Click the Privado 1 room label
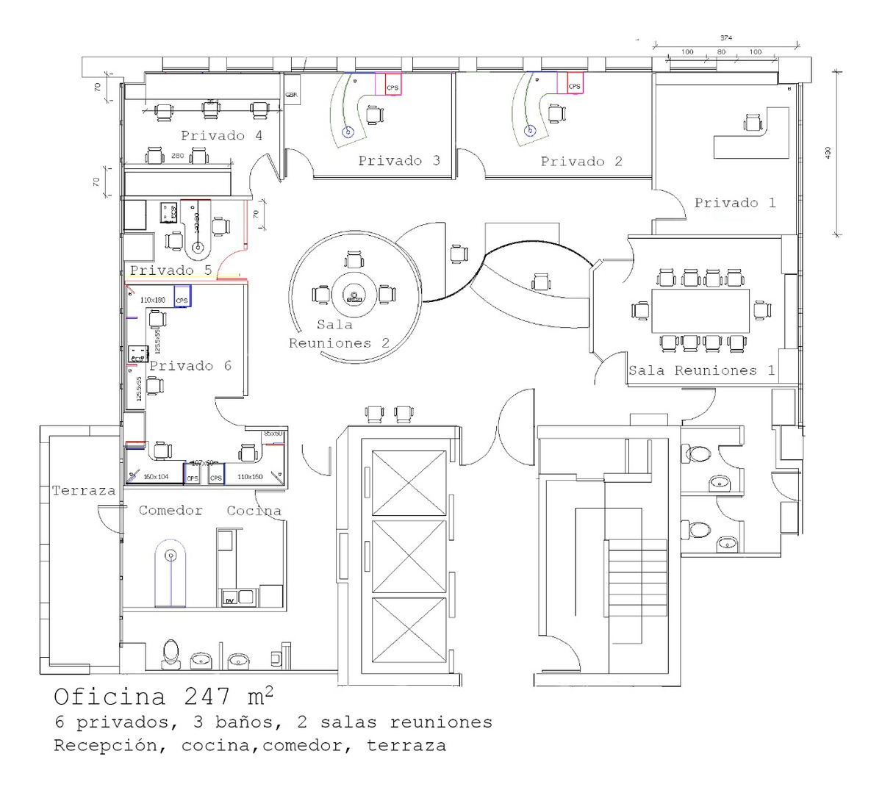[x=735, y=203]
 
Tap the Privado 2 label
[x=581, y=162]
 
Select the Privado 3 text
[x=399, y=161]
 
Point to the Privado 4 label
[x=221, y=136]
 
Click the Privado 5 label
[x=171, y=270]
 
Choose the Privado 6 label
[x=190, y=366]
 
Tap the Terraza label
[x=84, y=491]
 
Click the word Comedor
[x=171, y=511]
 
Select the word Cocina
[x=254, y=511]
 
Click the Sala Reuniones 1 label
[x=701, y=370]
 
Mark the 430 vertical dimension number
[x=828, y=153]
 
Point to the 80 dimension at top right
[x=721, y=52]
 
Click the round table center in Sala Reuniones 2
[x=354, y=295]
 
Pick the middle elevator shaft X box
[x=409, y=556]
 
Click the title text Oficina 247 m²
[x=165, y=695]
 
